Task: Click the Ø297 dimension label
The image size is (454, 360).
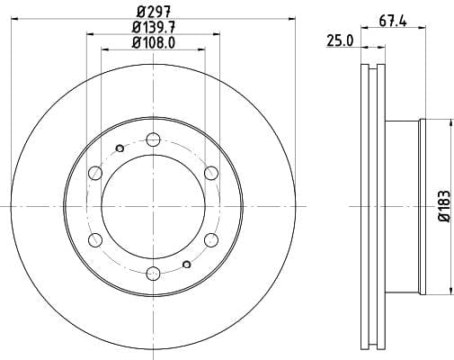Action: coord(154,12)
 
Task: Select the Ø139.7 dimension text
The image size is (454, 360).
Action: coord(154,28)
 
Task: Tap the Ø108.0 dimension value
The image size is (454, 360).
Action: coord(154,43)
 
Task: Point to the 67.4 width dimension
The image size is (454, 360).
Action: coord(393,21)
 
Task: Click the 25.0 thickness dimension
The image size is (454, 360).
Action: coord(340,40)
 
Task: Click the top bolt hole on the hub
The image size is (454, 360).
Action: coord(154,139)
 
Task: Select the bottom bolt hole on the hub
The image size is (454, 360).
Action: coord(154,273)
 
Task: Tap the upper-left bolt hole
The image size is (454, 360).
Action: coord(95,173)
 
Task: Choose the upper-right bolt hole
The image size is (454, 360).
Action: coord(211,173)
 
